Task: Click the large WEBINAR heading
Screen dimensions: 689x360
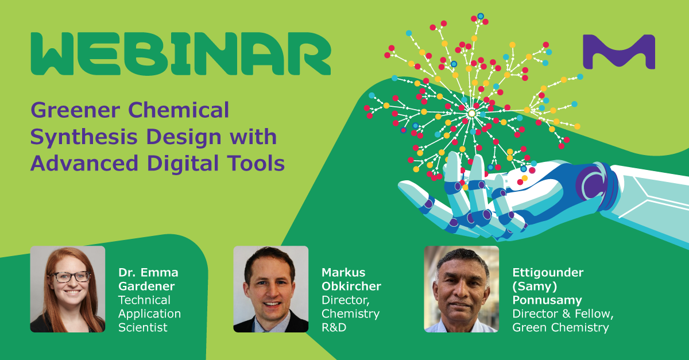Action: point(181,54)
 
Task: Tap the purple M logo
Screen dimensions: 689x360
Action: point(619,52)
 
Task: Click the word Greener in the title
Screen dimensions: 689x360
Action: point(75,110)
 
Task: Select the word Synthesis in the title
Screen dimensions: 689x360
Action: point(84,137)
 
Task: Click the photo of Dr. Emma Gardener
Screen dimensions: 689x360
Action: point(68,289)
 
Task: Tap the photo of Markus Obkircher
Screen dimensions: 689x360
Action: point(270,289)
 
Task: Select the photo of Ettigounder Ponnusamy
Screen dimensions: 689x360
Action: point(462,289)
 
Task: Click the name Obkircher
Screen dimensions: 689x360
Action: point(351,286)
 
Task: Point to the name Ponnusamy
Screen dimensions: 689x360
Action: point(547,300)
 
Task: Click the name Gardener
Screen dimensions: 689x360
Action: point(146,286)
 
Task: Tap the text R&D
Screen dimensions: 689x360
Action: point(334,327)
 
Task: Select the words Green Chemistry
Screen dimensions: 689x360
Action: point(560,328)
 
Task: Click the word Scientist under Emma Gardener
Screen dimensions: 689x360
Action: point(143,327)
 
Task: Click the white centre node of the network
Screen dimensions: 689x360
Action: point(471,114)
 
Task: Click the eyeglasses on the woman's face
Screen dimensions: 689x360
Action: point(71,277)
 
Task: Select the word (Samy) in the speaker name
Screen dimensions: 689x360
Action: point(535,287)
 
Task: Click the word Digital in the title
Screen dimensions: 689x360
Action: point(183,164)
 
